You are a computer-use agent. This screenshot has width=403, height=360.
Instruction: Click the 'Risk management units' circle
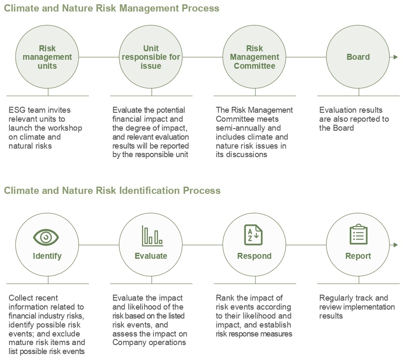click(47, 57)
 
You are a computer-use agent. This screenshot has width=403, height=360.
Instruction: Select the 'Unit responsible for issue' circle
click(151, 57)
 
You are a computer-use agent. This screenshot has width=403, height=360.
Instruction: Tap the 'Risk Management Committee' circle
click(255, 57)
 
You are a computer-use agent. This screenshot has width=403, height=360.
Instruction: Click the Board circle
click(358, 57)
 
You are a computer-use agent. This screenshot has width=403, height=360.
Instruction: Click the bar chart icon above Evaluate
click(152, 236)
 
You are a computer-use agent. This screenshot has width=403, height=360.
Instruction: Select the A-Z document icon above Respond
click(253, 235)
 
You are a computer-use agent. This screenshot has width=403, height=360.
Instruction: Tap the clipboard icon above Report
click(359, 235)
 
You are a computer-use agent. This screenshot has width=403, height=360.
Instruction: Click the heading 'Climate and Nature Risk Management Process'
click(112, 8)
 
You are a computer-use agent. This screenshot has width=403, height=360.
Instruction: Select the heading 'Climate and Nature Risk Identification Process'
click(112, 190)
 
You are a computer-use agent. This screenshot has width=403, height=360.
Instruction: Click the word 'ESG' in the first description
click(17, 110)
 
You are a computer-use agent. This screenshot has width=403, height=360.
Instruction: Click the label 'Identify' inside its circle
click(47, 256)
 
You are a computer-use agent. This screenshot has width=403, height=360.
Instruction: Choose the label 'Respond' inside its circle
click(254, 256)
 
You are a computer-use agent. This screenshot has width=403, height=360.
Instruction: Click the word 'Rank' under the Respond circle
click(225, 298)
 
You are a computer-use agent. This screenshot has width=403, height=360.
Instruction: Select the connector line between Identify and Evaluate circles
click(99, 245)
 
